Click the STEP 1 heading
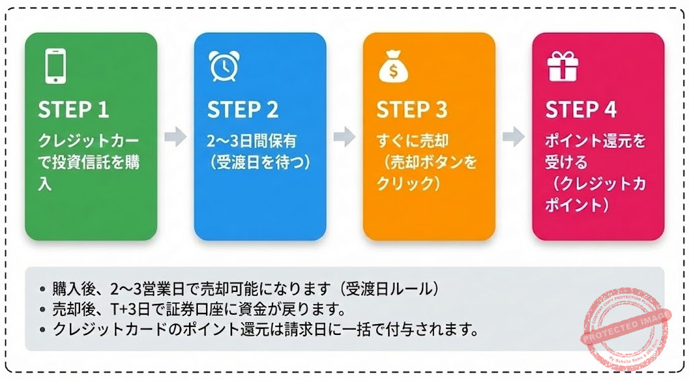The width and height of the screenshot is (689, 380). (73, 110)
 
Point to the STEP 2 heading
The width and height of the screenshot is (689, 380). (243, 110)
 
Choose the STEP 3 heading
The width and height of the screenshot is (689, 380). (412, 110)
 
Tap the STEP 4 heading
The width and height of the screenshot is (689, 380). (581, 110)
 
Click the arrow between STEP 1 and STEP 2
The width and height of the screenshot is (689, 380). (176, 137)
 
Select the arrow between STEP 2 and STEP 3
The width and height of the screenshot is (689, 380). (344, 137)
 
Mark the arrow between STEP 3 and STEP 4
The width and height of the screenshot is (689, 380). (513, 137)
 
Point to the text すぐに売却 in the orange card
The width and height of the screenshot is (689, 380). (412, 141)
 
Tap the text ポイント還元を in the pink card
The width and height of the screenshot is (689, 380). (595, 141)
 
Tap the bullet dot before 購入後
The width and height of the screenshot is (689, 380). (42, 289)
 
